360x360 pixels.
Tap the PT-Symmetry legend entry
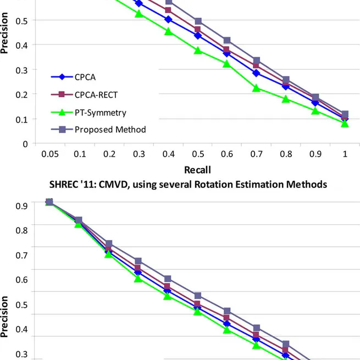98,113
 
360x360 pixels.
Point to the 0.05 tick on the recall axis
49,155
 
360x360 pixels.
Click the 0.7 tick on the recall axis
256,155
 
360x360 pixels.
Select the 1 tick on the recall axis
345,155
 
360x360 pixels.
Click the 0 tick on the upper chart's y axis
25,144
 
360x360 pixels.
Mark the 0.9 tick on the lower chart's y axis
21,206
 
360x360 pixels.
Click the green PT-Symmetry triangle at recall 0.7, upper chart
256,88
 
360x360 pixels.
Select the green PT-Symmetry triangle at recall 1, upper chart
345,124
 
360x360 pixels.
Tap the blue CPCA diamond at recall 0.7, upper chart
256,73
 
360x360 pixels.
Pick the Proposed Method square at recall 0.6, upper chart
226,41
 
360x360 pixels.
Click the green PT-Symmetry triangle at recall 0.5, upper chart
197,51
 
